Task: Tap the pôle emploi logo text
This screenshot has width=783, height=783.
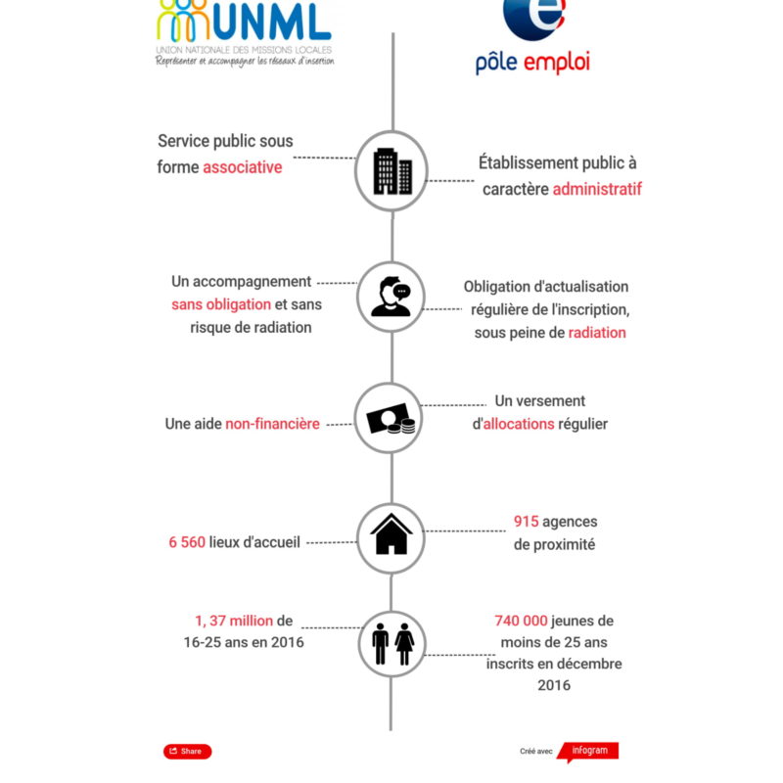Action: [x=532, y=64]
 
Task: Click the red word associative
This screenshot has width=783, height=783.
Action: [x=243, y=167]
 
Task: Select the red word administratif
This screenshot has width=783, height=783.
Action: [x=597, y=189]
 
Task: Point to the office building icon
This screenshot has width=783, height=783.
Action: [x=391, y=171]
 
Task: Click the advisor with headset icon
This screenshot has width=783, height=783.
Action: [x=391, y=297]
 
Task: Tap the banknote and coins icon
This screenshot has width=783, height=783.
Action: [x=391, y=419]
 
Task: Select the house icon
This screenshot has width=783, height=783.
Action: [x=391, y=536]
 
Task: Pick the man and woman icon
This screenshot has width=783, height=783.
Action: [x=391, y=643]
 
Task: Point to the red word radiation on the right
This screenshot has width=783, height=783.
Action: [x=597, y=333]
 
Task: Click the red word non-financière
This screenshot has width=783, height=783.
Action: [x=272, y=425]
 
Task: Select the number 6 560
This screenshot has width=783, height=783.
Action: [x=186, y=542]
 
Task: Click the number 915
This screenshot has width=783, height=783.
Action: [x=527, y=522]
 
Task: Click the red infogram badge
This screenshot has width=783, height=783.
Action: [x=590, y=751]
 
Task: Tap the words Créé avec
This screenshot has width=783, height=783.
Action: [x=536, y=752]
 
